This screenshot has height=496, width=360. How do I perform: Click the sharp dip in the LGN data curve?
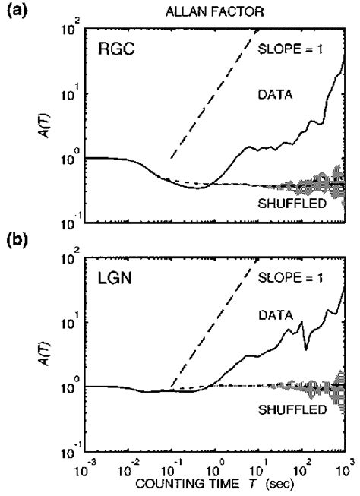point(305,349)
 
